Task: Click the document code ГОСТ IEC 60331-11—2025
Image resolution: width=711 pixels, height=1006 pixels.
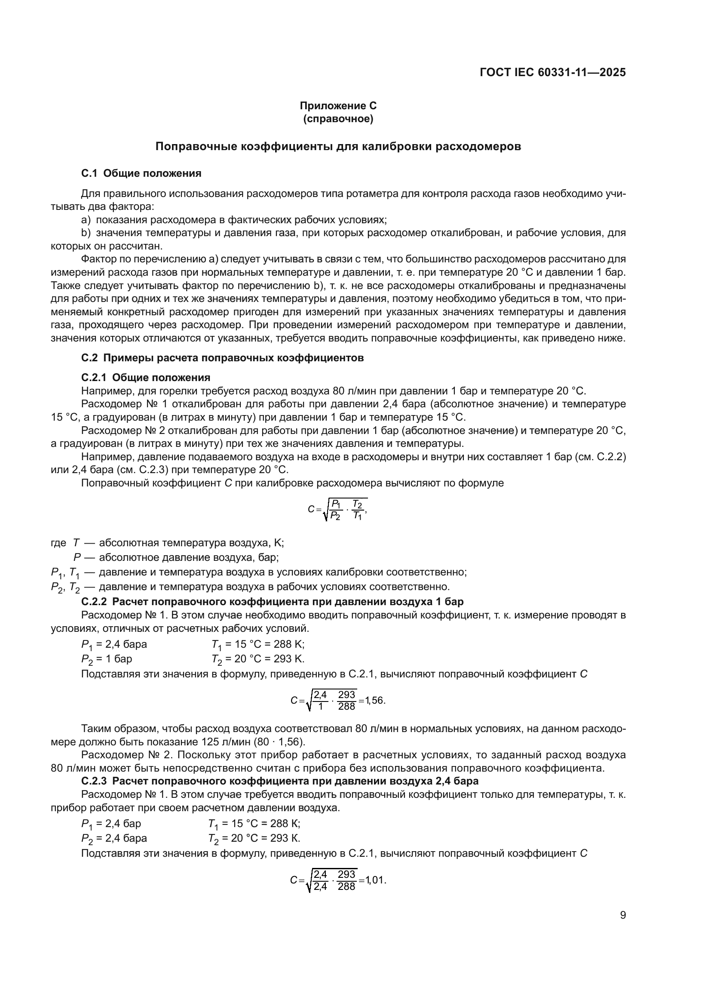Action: pyautogui.click(x=552, y=72)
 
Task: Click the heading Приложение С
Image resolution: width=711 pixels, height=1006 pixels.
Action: pyautogui.click(x=338, y=106)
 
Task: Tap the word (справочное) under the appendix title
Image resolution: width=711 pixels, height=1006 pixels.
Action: pyautogui.click(x=338, y=119)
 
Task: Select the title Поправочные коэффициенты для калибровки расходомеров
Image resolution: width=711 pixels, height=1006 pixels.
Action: pyautogui.click(x=338, y=146)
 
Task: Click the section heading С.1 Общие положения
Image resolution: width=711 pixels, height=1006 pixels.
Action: pyautogui.click(x=141, y=173)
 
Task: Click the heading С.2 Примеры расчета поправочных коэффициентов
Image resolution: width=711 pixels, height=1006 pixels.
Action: pyautogui.click(x=222, y=357)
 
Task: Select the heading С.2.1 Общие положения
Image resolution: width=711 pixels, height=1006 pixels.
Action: pyautogui.click(x=145, y=377)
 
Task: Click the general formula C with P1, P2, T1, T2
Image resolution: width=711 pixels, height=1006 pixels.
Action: pyautogui.click(x=337, y=510)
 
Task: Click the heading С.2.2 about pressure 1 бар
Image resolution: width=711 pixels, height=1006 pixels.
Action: pyautogui.click(x=272, y=601)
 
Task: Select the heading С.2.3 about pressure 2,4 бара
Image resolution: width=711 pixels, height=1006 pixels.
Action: pyautogui.click(x=280, y=781)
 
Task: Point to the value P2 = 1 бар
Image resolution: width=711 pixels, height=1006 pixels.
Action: pyautogui.click(x=106, y=659)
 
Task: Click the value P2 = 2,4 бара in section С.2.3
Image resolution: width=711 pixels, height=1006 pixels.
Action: pyautogui.click(x=114, y=838)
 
